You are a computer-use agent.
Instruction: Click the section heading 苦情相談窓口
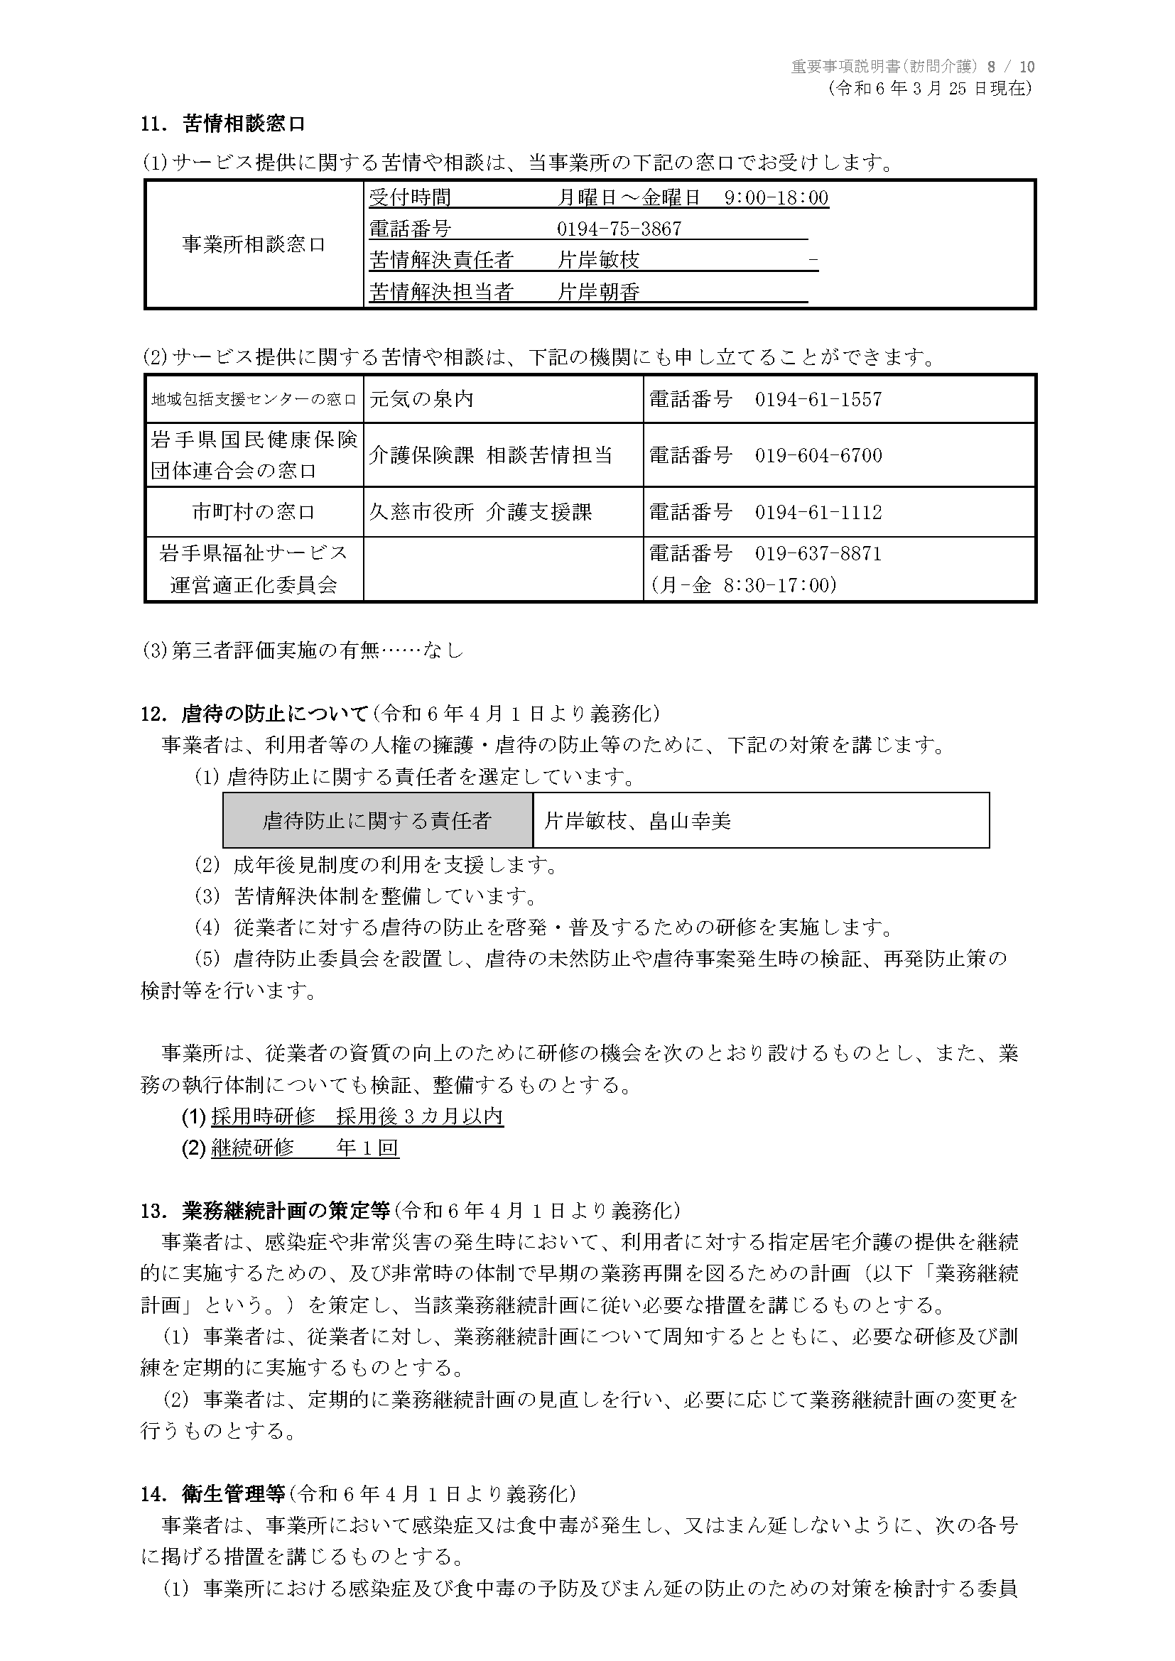point(244,124)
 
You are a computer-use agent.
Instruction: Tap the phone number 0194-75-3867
point(619,229)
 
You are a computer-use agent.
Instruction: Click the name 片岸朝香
point(598,293)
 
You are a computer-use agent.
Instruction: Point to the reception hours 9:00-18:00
point(776,197)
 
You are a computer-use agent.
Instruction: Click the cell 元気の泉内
point(421,398)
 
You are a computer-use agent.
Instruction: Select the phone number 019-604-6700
point(818,455)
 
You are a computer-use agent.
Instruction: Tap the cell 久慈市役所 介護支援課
point(480,512)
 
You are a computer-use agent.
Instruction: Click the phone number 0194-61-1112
point(818,512)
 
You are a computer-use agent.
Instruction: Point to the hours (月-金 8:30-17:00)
point(744,584)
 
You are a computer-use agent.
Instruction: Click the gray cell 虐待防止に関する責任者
point(377,820)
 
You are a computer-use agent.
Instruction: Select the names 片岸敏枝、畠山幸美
point(637,820)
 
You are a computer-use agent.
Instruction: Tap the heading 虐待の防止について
point(275,713)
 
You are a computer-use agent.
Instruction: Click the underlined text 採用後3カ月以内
point(420,1116)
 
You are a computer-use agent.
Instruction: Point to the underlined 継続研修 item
point(252,1148)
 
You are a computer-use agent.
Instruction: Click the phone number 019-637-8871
point(818,553)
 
